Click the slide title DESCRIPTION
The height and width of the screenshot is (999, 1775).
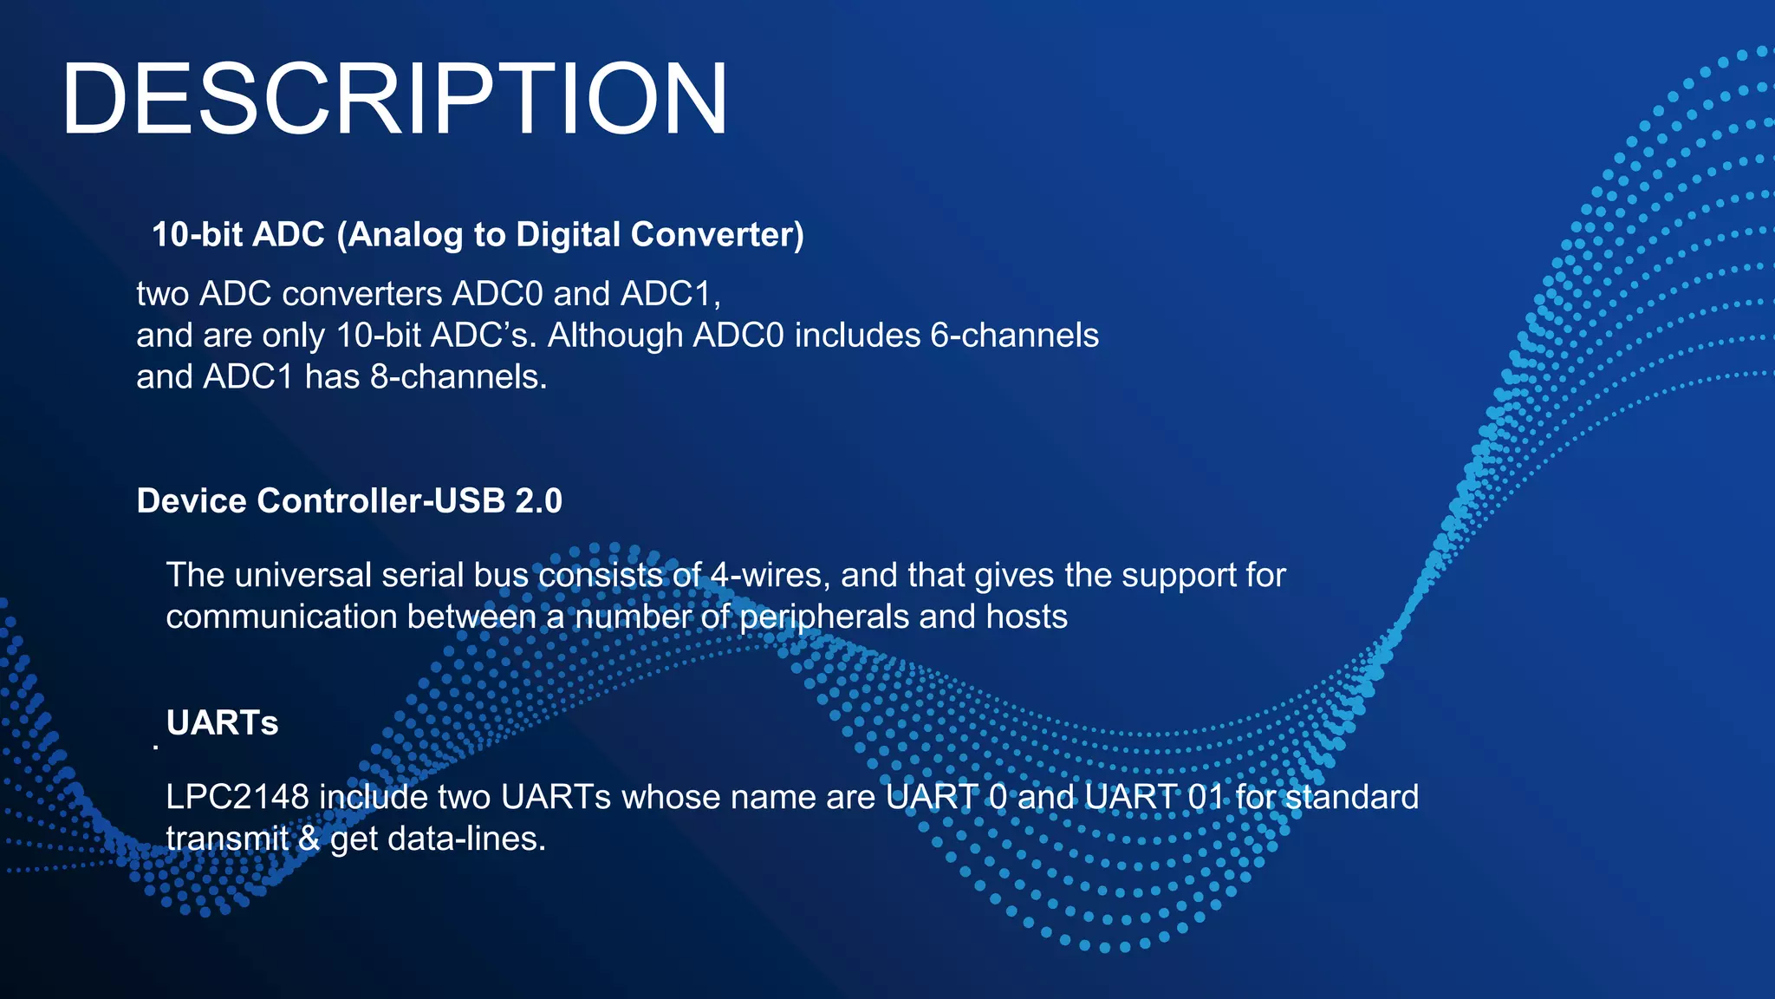tap(394, 99)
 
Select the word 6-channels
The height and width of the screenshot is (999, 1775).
tap(1014, 336)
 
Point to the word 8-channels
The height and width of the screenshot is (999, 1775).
tap(458, 377)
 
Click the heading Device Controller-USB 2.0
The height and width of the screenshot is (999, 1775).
tap(349, 501)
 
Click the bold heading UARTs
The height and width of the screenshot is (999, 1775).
tap(222, 723)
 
